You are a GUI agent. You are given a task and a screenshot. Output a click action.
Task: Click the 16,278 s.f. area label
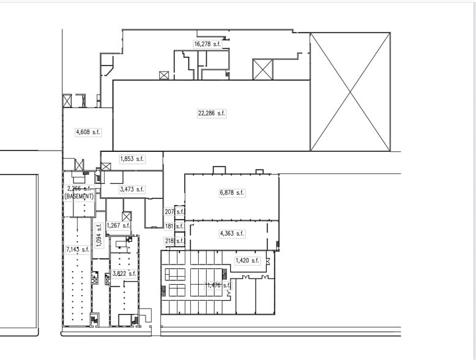tap(207, 44)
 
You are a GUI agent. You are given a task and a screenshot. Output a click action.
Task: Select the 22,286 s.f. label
tap(212, 113)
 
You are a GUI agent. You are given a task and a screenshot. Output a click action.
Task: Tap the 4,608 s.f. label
tap(87, 132)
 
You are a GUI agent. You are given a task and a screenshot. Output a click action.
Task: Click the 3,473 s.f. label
tap(132, 190)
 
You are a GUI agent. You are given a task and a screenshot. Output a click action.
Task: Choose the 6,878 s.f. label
tap(232, 193)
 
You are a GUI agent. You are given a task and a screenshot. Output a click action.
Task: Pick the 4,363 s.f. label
tap(232, 233)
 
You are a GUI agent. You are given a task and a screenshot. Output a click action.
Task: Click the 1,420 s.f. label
tap(247, 261)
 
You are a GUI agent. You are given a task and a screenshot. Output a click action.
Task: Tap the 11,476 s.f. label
tap(218, 285)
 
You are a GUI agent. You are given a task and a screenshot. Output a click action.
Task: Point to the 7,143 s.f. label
tap(77, 249)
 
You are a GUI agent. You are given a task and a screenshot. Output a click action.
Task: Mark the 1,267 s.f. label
tap(119, 225)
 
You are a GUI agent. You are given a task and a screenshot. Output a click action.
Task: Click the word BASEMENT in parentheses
tap(79, 197)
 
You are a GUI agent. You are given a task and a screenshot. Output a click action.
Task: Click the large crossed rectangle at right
tap(350, 92)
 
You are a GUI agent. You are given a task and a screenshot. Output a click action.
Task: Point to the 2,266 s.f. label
tap(79, 189)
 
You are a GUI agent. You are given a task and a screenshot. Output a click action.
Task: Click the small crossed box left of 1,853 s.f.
tap(106, 167)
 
